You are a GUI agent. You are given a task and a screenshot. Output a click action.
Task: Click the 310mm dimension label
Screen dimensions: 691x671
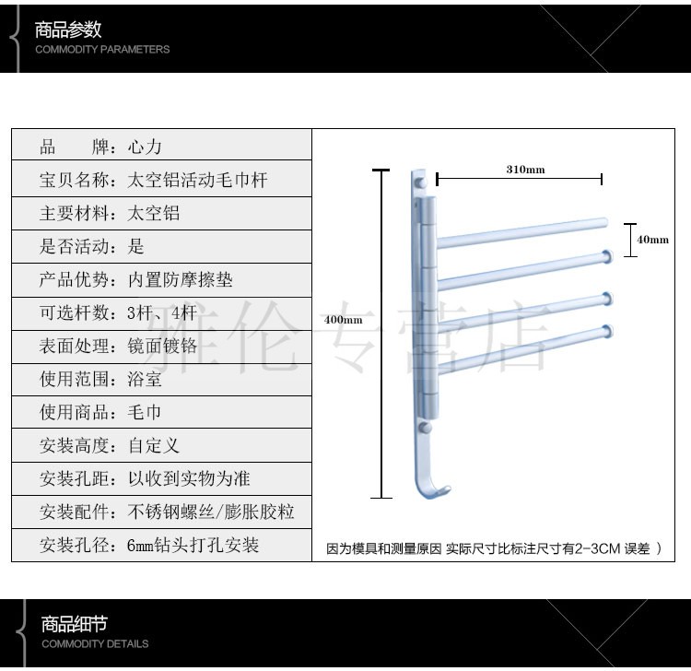525,170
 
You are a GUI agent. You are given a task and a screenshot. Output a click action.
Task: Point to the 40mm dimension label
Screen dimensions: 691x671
652,240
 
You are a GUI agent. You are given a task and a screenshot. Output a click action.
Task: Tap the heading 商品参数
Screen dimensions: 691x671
68,29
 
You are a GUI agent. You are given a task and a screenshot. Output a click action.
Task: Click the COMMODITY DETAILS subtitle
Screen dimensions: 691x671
95,643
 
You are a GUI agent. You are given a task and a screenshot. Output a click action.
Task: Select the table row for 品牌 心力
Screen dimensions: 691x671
161,147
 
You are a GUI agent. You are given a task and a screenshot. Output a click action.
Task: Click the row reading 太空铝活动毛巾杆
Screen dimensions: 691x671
161,181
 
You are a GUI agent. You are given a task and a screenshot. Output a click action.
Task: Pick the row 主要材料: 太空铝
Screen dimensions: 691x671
161,214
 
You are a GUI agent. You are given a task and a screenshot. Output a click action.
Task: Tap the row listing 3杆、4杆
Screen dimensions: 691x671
161,313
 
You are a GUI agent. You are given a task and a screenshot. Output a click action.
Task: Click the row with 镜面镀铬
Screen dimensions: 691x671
161,347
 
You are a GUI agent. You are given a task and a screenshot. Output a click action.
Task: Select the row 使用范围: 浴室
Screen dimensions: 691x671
161,380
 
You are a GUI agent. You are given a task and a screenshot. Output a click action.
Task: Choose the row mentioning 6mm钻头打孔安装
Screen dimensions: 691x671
161,546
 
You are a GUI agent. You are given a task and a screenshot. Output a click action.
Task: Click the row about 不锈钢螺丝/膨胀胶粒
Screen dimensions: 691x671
161,512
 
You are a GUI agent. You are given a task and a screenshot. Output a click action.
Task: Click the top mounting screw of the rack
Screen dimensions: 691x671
419,183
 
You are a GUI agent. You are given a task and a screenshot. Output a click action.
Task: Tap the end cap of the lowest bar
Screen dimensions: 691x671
606,328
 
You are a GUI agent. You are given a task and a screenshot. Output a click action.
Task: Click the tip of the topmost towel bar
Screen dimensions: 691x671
603,222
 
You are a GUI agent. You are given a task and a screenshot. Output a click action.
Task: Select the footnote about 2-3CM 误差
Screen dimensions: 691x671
494,548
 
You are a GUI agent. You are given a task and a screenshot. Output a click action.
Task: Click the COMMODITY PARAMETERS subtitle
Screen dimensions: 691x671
102,50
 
